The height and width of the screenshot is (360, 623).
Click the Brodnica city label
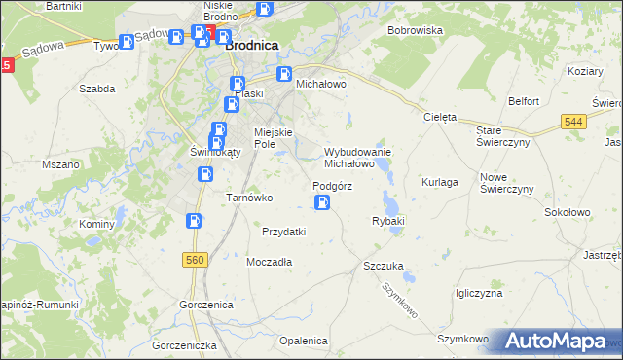tap(252, 45)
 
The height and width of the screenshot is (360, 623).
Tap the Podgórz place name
tap(332, 186)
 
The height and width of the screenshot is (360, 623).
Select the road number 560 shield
tap(195, 259)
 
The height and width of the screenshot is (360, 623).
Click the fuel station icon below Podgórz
tap(322, 202)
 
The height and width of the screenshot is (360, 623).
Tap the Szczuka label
tap(383, 266)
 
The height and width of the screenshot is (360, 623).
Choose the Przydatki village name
tap(284, 232)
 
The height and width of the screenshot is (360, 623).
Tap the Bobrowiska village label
tap(415, 31)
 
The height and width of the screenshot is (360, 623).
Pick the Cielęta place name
tap(440, 117)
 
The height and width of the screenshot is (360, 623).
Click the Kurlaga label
tap(439, 182)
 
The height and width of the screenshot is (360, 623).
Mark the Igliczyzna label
tap(478, 293)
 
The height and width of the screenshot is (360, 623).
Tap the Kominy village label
tap(97, 224)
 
